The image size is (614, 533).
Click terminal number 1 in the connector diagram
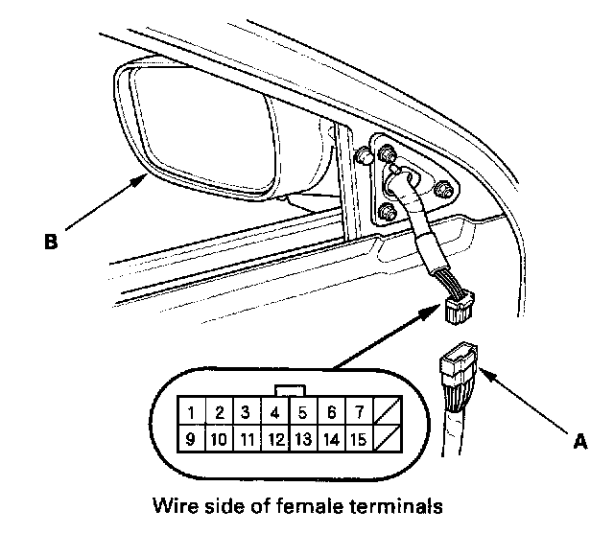click(193, 413)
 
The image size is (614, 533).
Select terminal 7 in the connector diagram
click(357, 413)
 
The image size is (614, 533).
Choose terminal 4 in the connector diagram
click(274, 413)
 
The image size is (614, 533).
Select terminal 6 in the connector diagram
click(330, 413)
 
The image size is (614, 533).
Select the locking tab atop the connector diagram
click(289, 390)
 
